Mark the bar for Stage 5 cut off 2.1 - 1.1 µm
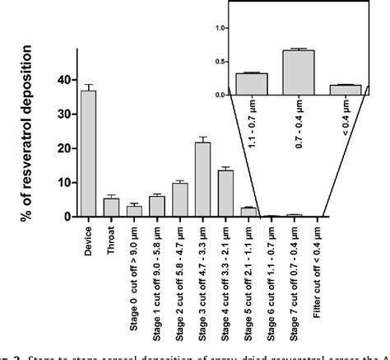(248, 212)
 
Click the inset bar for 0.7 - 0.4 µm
(298, 72)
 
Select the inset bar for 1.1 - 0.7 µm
(251, 84)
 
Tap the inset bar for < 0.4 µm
(345, 90)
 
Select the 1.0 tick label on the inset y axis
(219, 27)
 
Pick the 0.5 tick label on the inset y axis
(219, 61)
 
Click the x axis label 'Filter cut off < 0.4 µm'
(317, 268)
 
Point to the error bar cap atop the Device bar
(88, 85)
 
